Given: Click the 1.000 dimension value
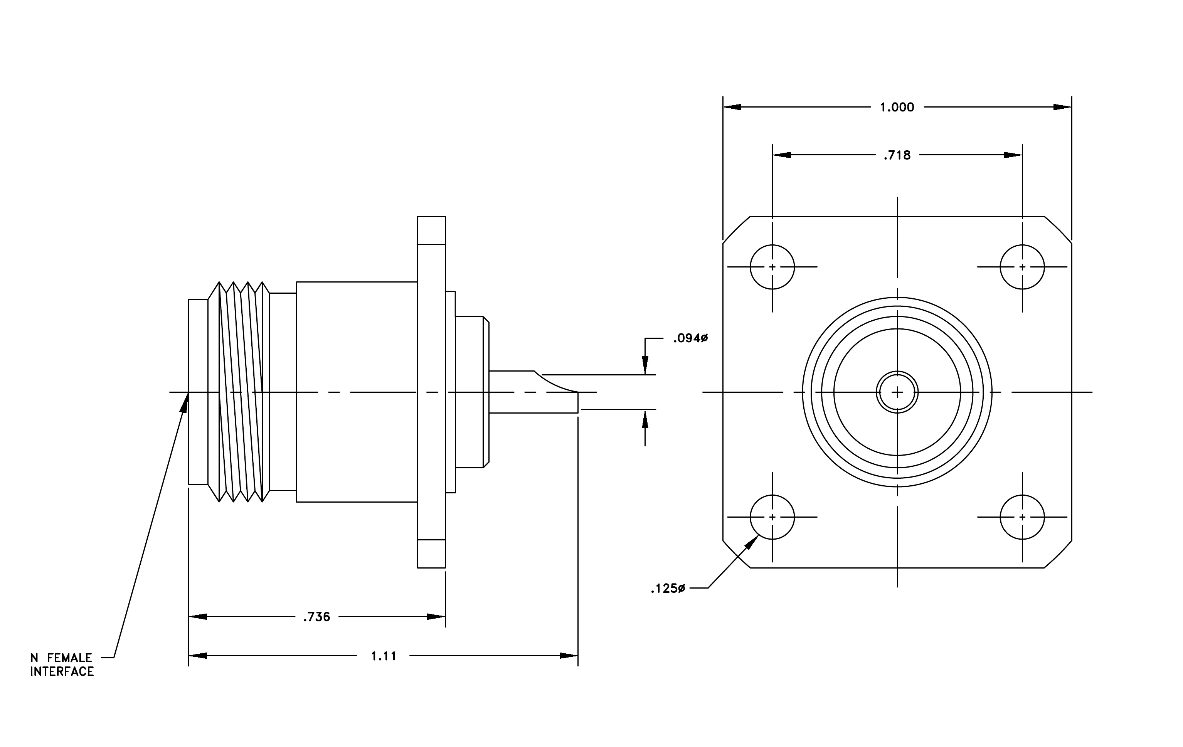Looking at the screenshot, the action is [897, 107].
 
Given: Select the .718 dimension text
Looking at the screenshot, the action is [897, 155].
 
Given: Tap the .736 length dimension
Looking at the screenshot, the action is [317, 617].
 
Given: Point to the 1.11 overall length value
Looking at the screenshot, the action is [383, 656].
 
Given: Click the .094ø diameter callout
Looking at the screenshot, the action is [690, 338].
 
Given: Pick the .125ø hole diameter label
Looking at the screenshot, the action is [668, 588].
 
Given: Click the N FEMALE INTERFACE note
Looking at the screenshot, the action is [62, 665].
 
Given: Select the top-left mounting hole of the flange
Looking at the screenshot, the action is [772, 267].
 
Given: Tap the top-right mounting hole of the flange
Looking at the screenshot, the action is [1022, 267].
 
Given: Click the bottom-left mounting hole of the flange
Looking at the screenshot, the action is [772, 517].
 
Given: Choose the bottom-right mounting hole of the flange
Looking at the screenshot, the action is [1022, 517].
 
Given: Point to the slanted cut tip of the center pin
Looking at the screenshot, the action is [578, 392].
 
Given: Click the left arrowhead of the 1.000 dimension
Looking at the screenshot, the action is [732, 107].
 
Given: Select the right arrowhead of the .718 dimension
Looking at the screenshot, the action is [1013, 155].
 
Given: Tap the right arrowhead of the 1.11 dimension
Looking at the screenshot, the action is [569, 656].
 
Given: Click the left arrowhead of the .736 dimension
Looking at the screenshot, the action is [197, 617].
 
